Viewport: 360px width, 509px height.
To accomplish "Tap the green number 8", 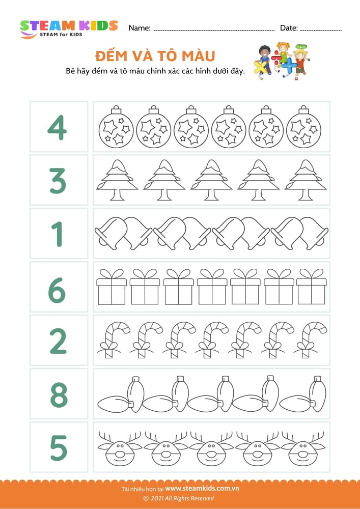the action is pos(59,395).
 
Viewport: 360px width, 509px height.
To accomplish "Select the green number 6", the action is pos(57,292).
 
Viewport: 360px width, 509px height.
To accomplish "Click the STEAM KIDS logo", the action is pos(69,29).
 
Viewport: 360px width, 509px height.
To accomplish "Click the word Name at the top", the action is pos(140,28).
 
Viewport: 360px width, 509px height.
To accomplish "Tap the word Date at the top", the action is pos(289,28).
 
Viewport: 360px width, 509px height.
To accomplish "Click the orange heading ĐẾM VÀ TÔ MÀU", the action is pos(155,56).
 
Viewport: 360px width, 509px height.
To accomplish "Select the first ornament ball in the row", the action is pos(116,127).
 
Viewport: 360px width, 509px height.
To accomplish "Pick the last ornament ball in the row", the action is pos(303,127).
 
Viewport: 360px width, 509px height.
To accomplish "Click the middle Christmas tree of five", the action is pos(211,180).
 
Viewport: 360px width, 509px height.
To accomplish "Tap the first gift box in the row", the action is pos(112,287).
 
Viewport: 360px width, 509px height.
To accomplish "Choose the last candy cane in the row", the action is pos(311,340).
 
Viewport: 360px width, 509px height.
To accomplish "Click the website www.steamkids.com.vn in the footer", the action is pos(202,488).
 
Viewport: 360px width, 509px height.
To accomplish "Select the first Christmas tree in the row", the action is pos(117,180).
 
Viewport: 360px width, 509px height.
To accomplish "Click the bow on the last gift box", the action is pos(311,274).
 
